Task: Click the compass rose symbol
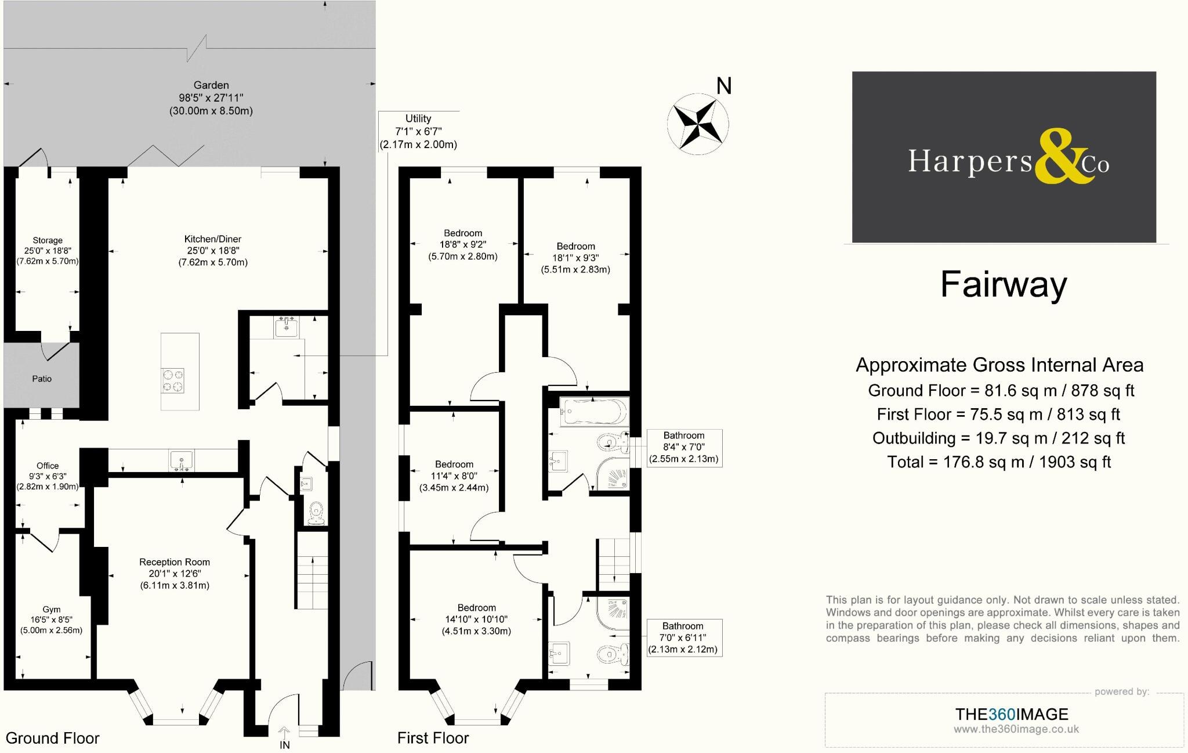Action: (698, 124)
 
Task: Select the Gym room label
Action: (51, 619)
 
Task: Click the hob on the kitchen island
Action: (173, 381)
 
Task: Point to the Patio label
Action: (42, 379)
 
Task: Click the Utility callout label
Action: (418, 131)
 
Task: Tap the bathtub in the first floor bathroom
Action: (594, 412)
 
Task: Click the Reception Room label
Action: (175, 574)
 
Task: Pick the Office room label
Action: (48, 476)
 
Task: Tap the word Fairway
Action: (1004, 284)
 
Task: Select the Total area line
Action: (999, 462)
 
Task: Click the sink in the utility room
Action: (286, 327)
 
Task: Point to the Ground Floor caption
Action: (53, 738)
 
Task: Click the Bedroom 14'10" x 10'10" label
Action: (476, 619)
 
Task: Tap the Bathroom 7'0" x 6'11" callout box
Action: (684, 637)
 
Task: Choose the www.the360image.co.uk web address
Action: (1016, 729)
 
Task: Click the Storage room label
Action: (48, 251)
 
